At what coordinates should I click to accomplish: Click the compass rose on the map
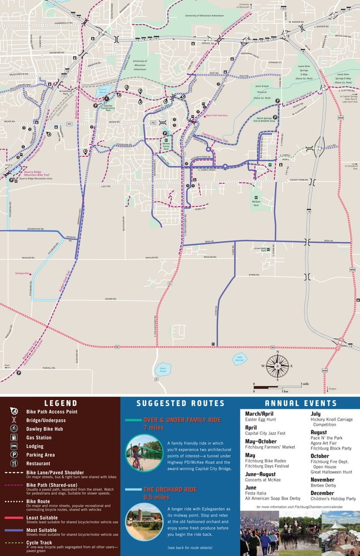[x=277, y=366]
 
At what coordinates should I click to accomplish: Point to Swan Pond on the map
[x=163, y=370]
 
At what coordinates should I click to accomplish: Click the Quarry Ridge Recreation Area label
[x=35, y=178]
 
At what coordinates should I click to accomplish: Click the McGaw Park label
[x=256, y=202]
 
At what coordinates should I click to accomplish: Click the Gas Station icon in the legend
[x=14, y=438]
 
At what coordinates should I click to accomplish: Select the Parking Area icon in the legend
[x=14, y=454]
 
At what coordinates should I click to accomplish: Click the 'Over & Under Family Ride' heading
[x=174, y=420]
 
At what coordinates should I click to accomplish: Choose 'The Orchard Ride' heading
[x=170, y=489]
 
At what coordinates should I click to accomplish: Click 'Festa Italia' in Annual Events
[x=258, y=492]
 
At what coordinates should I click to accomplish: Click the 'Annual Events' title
[x=300, y=403]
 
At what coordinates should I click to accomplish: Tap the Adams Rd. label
[x=110, y=299]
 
